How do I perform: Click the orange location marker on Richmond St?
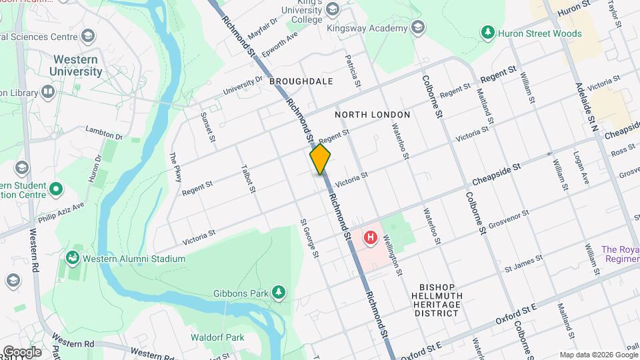click(320, 159)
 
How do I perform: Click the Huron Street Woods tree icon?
click(489, 31)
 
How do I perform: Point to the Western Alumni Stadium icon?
click(72, 258)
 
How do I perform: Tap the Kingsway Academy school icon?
click(418, 27)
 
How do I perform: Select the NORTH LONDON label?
click(372, 115)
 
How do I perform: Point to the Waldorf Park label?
click(217, 337)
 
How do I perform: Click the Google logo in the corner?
click(22, 351)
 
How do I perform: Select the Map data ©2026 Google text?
click(598, 355)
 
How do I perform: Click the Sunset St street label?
click(208, 127)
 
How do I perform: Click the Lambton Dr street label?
click(105, 135)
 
